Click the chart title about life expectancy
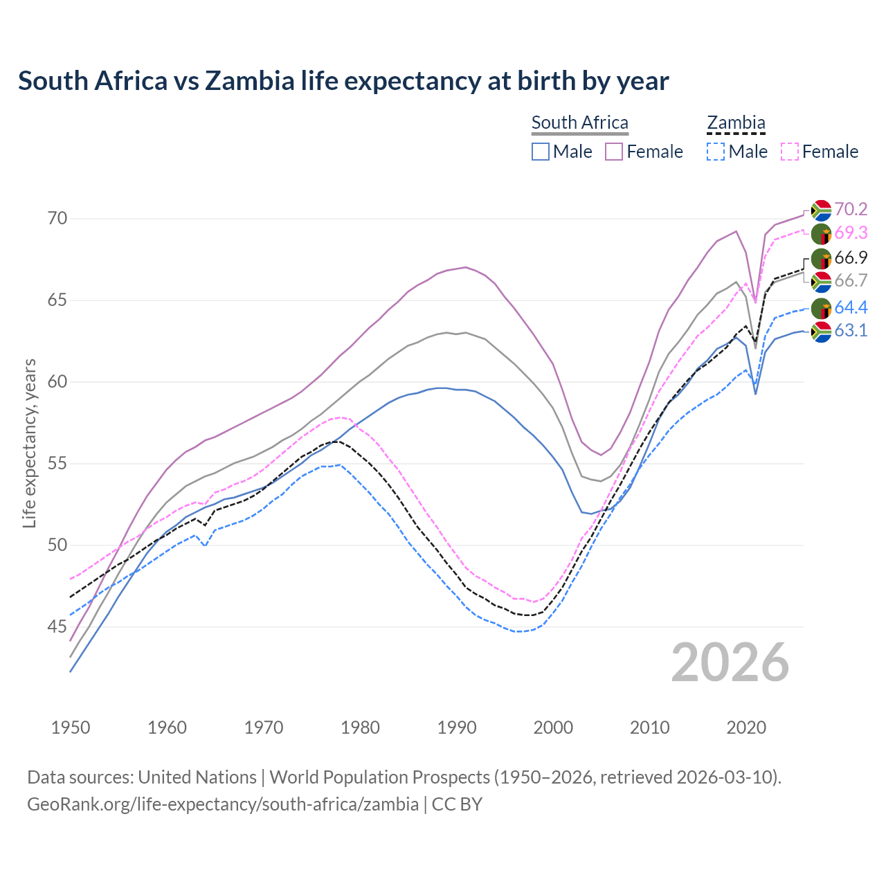[x=343, y=81]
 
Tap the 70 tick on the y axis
[x=57, y=219]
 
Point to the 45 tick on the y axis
[x=57, y=627]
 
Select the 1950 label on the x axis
[x=71, y=727]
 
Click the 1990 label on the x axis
[x=457, y=727]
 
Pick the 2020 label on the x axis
[x=746, y=727]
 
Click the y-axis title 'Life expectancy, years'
[x=29, y=443]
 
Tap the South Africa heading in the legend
[x=579, y=123]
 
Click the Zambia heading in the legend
[x=736, y=123]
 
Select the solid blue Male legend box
[x=541, y=152]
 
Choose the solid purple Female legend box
[x=614, y=152]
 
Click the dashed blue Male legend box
[x=716, y=152]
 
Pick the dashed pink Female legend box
[x=789, y=152]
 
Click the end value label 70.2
[x=851, y=210]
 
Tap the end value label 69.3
[x=851, y=233]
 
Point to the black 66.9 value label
[x=851, y=258]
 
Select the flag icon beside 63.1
[x=821, y=332]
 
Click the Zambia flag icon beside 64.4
[x=821, y=308]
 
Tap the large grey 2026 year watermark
[x=730, y=662]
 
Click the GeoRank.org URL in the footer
[x=223, y=804]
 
